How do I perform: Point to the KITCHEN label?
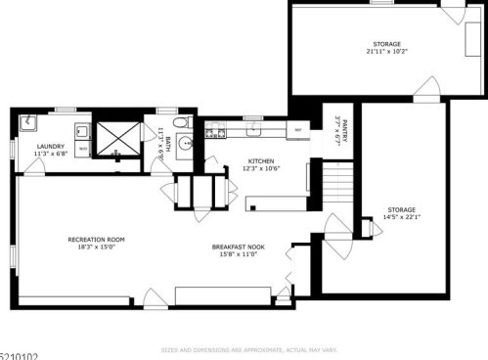click(261, 161)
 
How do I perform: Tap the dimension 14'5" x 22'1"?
click(401, 217)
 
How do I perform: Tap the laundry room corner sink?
click(27, 121)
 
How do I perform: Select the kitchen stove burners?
click(215, 127)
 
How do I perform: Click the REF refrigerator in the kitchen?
click(300, 127)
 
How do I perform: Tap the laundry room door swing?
click(35, 167)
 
